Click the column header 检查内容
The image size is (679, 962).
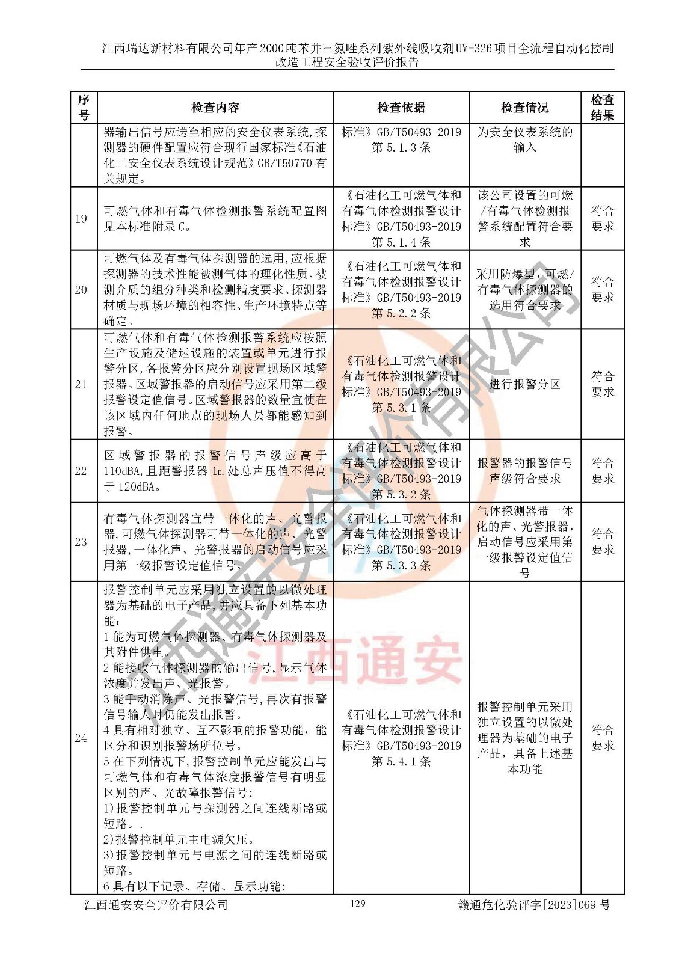tap(215, 108)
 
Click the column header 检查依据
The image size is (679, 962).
tap(401, 108)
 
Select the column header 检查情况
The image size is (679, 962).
tap(524, 108)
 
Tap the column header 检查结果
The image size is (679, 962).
tap(602, 108)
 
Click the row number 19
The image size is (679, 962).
tap(81, 219)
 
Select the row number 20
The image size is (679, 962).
tap(81, 290)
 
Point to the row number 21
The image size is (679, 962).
tap(81, 384)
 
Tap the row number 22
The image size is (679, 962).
tap(81, 471)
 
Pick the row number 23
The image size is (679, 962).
tap(81, 542)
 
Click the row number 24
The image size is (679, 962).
tap(81, 738)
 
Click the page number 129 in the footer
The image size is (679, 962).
tap(357, 903)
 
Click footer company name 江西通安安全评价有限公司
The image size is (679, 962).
tap(156, 905)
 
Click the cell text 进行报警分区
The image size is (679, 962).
tap(524, 384)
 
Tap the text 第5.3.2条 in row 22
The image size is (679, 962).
tap(401, 494)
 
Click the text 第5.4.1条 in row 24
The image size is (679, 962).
tap(401, 761)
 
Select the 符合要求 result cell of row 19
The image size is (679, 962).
tap(602, 219)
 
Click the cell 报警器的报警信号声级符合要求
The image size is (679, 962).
tap(524, 471)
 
